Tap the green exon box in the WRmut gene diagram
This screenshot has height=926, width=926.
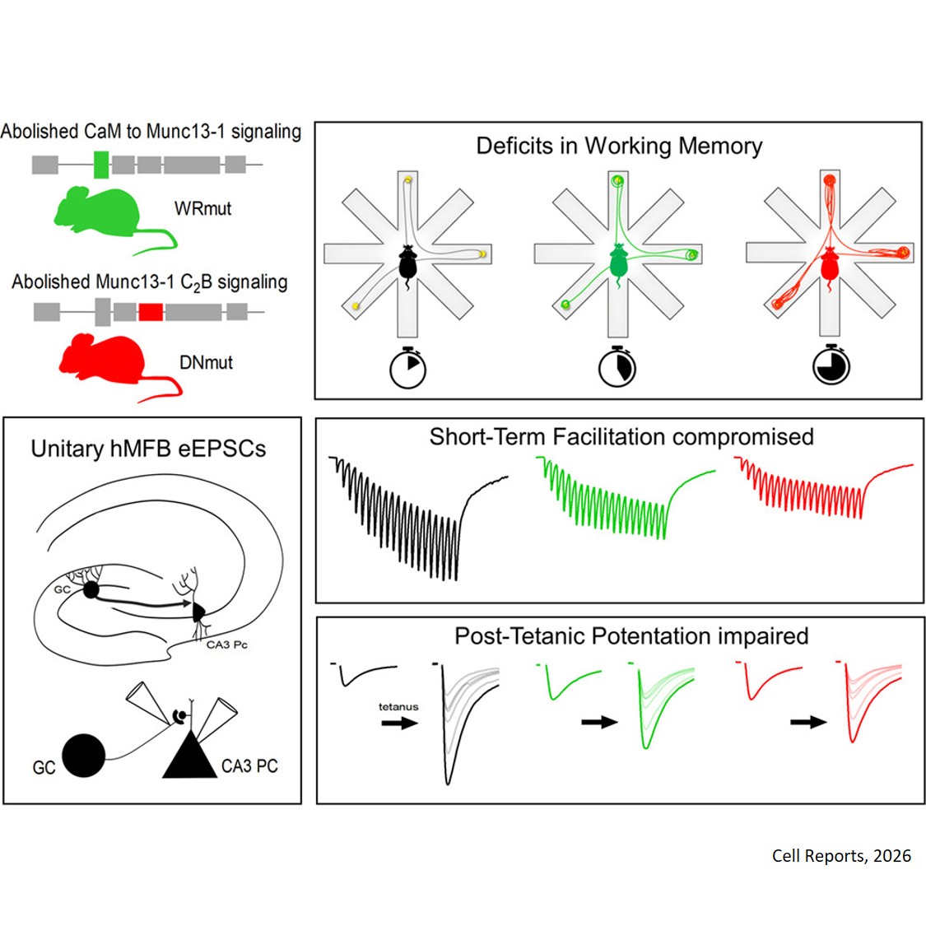pyautogui.click(x=100, y=164)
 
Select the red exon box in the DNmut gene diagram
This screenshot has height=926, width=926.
pyautogui.click(x=150, y=311)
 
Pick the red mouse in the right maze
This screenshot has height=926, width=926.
pyautogui.click(x=829, y=265)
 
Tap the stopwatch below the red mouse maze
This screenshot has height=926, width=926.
pyautogui.click(x=831, y=366)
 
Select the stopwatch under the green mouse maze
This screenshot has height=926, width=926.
pyautogui.click(x=617, y=368)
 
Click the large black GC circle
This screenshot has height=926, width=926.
pyautogui.click(x=84, y=755)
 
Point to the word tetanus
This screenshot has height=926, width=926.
pyautogui.click(x=398, y=706)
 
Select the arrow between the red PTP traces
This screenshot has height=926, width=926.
pyautogui.click(x=808, y=722)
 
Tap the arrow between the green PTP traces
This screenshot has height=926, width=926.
pyautogui.click(x=599, y=722)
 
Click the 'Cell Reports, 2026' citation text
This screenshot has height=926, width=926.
pyautogui.click(x=841, y=856)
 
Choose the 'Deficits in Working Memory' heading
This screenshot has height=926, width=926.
pyautogui.click(x=619, y=147)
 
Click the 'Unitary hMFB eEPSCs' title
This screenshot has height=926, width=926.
pyautogui.click(x=148, y=449)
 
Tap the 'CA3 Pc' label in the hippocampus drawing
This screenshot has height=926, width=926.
pyautogui.click(x=226, y=644)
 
